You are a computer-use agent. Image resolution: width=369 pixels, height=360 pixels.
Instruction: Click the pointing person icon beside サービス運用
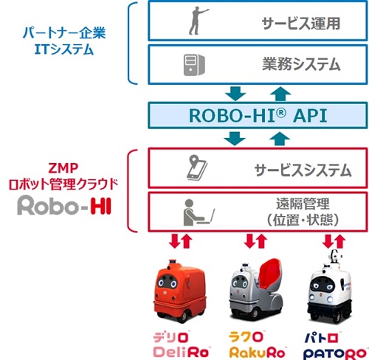tap(196, 21)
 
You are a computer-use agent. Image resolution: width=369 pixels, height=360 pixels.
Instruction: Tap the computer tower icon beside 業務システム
tap(194, 65)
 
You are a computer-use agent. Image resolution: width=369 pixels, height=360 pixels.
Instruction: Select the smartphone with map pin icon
tap(196, 167)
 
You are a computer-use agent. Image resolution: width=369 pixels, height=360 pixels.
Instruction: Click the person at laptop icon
tap(198, 212)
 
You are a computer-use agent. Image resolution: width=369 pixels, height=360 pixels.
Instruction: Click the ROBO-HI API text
tap(258, 116)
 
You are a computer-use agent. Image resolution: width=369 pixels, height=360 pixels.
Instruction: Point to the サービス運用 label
tap(301, 24)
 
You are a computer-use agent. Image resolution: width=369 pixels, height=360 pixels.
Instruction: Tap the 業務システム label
tap(301, 64)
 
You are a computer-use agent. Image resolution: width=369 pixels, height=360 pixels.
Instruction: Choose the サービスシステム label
tap(303, 170)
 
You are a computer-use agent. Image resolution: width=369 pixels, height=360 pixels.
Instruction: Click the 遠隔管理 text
tap(303, 204)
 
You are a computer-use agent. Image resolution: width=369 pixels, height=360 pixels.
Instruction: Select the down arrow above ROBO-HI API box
tap(235, 94)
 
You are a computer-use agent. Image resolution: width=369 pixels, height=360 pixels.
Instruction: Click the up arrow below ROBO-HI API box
tap(280, 139)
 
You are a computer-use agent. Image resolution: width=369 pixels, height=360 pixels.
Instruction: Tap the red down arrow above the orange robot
tap(174, 240)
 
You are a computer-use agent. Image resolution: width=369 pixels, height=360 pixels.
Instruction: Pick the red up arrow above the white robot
tap(340, 241)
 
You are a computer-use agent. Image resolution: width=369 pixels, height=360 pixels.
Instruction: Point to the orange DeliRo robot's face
tap(167, 282)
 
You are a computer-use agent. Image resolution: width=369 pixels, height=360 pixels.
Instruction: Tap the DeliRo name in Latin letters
tap(181, 352)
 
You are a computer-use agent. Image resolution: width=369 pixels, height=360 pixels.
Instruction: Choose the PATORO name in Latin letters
tap(335, 353)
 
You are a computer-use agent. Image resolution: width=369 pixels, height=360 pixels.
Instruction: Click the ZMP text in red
tap(63, 168)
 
